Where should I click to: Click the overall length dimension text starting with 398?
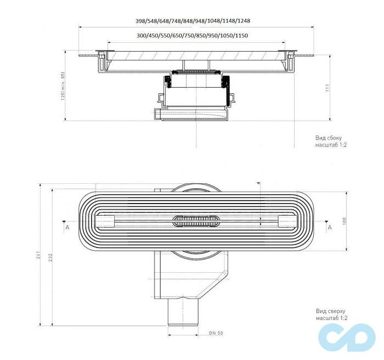pyautogui.click(x=196, y=21)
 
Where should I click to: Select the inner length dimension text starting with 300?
pyautogui.click(x=197, y=36)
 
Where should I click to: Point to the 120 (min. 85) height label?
pyautogui.click(x=64, y=86)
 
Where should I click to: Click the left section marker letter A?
pyautogui.click(x=66, y=226)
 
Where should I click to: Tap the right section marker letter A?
pyautogui.click(x=329, y=226)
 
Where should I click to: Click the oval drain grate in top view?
pyautogui.click(x=195, y=221)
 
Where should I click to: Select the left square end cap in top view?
pyautogui.click(x=105, y=221)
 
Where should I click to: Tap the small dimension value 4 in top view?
pyautogui.click(x=257, y=183)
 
